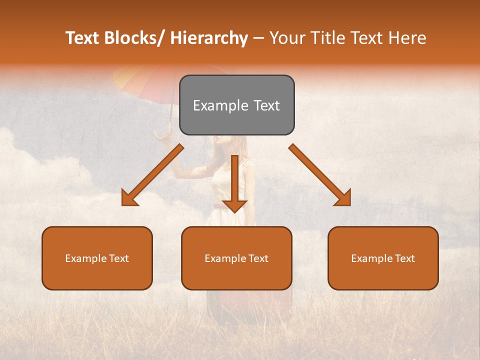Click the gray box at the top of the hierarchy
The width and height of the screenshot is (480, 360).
click(236, 105)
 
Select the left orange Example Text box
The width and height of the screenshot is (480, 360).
click(97, 258)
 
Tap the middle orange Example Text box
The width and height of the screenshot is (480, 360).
click(236, 258)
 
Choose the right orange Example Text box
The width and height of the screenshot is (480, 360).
click(383, 258)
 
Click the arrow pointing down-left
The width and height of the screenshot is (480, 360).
click(152, 175)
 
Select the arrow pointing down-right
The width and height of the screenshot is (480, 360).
click(320, 175)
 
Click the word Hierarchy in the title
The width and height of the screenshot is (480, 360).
click(209, 38)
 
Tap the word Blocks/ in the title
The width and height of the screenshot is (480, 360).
click(136, 38)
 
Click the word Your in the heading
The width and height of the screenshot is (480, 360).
click(288, 38)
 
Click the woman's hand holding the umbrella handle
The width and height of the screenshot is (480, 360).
click(162, 135)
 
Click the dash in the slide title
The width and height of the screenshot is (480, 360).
click(259, 38)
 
